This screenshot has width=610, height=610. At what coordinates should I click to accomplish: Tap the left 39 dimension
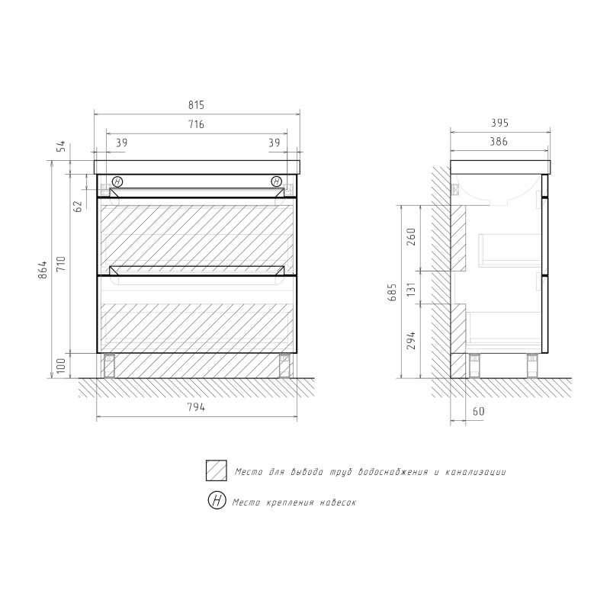(x=121, y=143)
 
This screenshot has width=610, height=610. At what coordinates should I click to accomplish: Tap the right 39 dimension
(x=274, y=143)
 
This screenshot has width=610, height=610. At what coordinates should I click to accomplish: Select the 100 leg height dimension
(x=64, y=366)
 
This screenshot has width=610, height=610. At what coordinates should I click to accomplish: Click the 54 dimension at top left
(x=64, y=146)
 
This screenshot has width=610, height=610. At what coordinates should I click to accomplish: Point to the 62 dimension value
(x=79, y=207)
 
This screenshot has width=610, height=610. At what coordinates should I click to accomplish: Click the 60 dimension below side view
(x=479, y=412)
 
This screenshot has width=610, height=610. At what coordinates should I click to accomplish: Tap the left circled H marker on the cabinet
(x=117, y=181)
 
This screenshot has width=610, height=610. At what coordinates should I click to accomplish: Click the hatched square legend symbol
(x=217, y=471)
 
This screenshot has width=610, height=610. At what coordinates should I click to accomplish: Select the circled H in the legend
(x=217, y=501)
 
